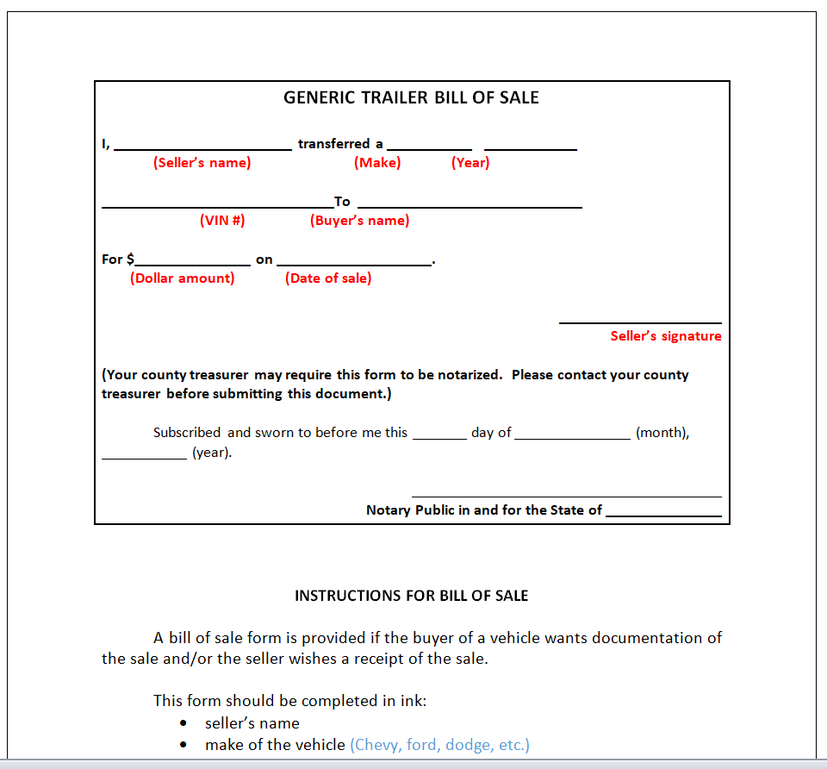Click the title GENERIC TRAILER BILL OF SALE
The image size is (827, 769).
point(411,97)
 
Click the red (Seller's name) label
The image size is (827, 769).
point(202,163)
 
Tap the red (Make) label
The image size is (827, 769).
point(377,163)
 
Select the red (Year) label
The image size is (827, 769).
point(470,163)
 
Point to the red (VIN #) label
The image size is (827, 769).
point(222,221)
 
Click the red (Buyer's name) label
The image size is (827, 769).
point(360,221)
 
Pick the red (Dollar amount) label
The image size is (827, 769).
point(183,278)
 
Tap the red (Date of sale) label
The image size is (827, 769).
point(328,278)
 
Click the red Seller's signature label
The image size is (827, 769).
point(666,336)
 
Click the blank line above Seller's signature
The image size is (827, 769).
point(640,322)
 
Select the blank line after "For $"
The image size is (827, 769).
point(192,265)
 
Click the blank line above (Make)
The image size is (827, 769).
point(429,149)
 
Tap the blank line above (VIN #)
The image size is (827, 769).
point(217,207)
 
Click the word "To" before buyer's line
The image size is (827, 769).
point(343,202)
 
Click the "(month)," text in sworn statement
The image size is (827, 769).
point(662,433)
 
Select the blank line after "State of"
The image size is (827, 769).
point(663,516)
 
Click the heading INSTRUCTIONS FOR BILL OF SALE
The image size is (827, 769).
point(411,596)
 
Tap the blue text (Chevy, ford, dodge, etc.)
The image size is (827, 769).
point(439,745)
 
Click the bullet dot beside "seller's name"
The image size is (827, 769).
point(184,724)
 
